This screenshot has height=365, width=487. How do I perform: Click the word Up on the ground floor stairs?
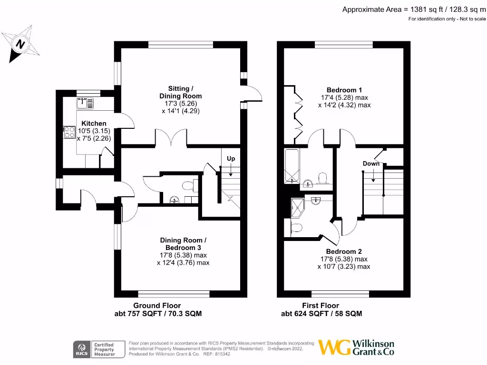tap(231, 158)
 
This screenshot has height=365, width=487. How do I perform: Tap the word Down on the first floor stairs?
tap(371, 163)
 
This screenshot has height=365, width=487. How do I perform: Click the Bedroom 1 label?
tap(344, 90)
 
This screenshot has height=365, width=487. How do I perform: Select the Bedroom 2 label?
tap(344, 251)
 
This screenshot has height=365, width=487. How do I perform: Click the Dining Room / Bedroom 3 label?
tap(183, 244)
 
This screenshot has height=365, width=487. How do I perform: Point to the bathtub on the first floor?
tap(291, 166)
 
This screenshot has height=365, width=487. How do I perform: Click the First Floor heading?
tap(321, 305)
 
